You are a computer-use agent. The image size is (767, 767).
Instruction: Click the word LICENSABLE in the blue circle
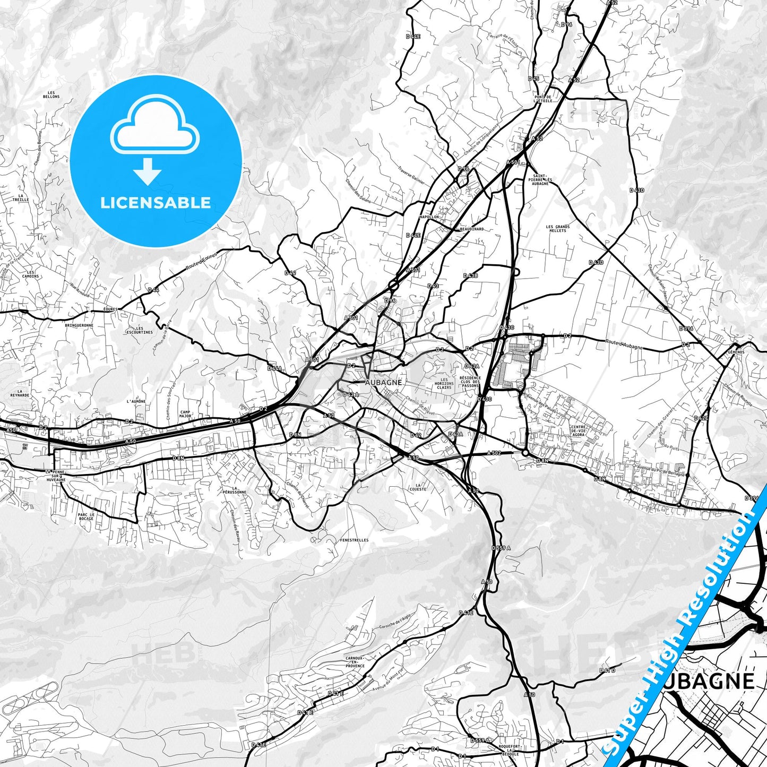[x=156, y=203]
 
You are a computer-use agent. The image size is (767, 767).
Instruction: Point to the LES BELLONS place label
[x=51, y=95]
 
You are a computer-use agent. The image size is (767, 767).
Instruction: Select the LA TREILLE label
[x=21, y=197]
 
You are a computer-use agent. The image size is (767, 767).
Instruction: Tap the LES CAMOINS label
[x=30, y=274]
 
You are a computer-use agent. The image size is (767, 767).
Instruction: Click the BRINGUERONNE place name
[x=79, y=325]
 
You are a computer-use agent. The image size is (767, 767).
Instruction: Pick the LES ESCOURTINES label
[x=140, y=330]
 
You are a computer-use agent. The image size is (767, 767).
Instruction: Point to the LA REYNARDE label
[x=20, y=393]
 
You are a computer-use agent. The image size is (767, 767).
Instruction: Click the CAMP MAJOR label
[x=185, y=413]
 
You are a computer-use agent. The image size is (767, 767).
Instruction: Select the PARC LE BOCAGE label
[x=86, y=516]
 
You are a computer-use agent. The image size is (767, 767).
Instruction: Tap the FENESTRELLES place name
[x=354, y=540]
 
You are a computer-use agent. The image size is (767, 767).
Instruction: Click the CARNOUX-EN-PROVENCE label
[x=355, y=662]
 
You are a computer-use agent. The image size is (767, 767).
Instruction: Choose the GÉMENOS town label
[x=736, y=352]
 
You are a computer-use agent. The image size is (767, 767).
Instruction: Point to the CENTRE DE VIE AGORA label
[x=578, y=431]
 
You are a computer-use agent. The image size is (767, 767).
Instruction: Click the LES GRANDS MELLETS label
[x=557, y=228]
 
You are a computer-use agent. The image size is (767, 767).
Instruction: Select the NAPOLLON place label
[x=429, y=217]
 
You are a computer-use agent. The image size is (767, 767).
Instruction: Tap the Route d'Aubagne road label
[x=624, y=344]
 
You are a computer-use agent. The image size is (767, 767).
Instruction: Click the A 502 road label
[x=494, y=453]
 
